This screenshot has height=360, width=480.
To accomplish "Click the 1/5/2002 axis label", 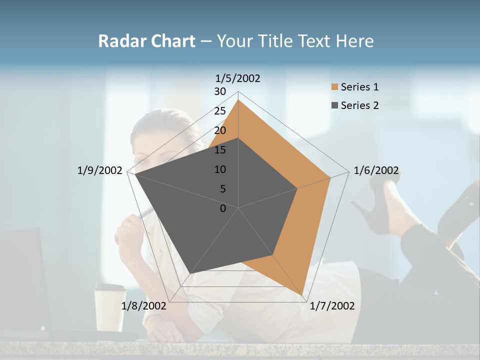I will pyautogui.click(x=238, y=78).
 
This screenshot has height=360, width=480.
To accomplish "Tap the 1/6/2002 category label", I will pyautogui.click(x=376, y=170).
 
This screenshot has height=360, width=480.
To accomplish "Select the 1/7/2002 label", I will pyautogui.click(x=332, y=306).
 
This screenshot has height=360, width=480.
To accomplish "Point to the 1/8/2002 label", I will pyautogui.click(x=144, y=306).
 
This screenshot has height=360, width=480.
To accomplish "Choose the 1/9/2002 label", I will pyautogui.click(x=99, y=170).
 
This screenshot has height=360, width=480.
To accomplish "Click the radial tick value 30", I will pyautogui.click(x=220, y=91).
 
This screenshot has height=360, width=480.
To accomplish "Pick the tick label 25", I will pyautogui.click(x=220, y=111).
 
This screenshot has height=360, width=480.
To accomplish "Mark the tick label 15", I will pyautogui.click(x=220, y=150).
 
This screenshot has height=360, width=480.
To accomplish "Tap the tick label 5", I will pyautogui.click(x=222, y=189).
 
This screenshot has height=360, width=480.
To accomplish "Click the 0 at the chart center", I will pyautogui.click(x=223, y=208).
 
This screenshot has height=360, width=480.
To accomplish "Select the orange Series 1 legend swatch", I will pyautogui.click(x=334, y=87).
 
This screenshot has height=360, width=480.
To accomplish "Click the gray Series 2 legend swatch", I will pyautogui.click(x=334, y=105).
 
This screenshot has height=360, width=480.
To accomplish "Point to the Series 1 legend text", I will pyautogui.click(x=359, y=87).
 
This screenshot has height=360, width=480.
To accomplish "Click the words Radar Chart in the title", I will pyautogui.click(x=146, y=41).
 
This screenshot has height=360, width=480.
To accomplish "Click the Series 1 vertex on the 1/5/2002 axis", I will pyautogui.click(x=238, y=99).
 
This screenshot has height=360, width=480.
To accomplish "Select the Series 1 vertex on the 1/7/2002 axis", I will pyautogui.click(x=302, y=295).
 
